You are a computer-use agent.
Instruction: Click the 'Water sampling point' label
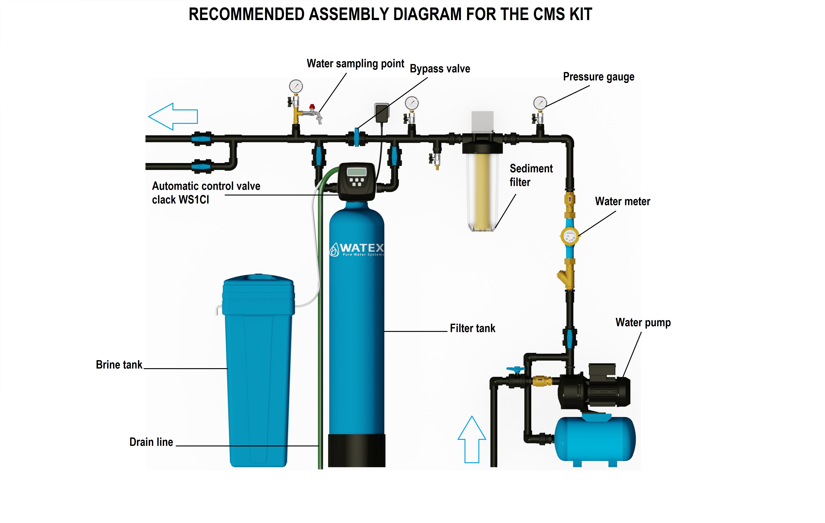355,64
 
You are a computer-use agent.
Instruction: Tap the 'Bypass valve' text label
440,69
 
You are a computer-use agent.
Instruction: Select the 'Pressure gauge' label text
598,77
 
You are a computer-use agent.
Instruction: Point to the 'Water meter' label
623,201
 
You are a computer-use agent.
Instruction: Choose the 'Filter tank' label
472,328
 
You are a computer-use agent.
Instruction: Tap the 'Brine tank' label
119,365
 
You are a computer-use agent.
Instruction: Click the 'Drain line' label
151,442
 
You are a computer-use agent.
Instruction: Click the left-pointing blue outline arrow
173,116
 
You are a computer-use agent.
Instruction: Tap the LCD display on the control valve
356,171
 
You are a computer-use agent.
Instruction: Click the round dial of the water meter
569,235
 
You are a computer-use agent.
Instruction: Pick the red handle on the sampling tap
312,107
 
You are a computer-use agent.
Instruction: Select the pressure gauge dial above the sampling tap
296,86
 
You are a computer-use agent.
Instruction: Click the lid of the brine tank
258,282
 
